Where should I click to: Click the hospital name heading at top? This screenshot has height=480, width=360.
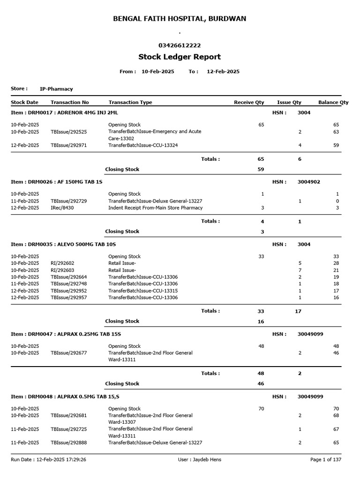point(180,19)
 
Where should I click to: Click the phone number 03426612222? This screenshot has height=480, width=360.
point(180,45)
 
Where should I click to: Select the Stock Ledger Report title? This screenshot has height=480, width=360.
point(180,57)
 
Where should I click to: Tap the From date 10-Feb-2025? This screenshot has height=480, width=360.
point(157,72)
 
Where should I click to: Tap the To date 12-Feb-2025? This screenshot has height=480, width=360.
point(223,72)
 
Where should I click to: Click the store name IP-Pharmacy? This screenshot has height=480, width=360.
point(56,89)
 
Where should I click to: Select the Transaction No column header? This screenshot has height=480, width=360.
point(69,102)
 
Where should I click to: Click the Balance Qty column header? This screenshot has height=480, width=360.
point(333,102)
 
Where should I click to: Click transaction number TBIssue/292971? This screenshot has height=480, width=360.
point(68,146)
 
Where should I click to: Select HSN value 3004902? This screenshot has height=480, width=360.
point(309,182)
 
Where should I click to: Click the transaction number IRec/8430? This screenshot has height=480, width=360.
point(62,208)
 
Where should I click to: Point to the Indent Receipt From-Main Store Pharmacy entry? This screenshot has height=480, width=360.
point(155,208)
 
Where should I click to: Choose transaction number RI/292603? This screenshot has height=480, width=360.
point(62,270)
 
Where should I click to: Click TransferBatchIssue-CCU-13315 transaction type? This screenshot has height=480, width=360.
point(143,291)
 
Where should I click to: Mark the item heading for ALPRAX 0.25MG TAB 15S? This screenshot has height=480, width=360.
point(66,334)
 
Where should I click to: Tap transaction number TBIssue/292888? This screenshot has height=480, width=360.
point(68,442)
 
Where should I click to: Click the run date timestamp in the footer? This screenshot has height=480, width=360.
point(48,460)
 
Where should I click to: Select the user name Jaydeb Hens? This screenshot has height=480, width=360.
point(200,460)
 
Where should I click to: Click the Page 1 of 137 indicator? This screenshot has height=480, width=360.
point(326,460)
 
